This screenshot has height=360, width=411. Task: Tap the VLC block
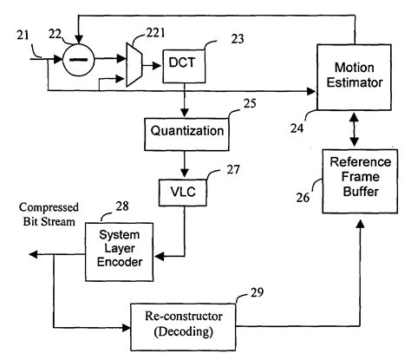(x=181, y=193)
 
